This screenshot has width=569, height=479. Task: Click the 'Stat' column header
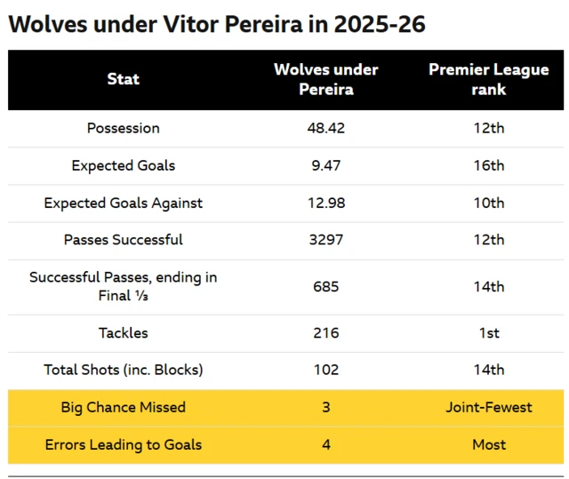click(x=124, y=79)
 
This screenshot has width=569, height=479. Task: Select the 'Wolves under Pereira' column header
click(x=325, y=79)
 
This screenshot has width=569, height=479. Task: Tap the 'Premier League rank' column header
click(x=489, y=79)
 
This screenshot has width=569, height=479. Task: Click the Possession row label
click(x=124, y=128)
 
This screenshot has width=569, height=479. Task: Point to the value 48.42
click(x=325, y=128)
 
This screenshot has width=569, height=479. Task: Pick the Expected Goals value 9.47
click(x=325, y=165)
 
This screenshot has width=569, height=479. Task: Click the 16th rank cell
click(x=489, y=165)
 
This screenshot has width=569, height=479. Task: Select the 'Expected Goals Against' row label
click(x=124, y=203)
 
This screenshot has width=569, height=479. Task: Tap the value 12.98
click(x=325, y=203)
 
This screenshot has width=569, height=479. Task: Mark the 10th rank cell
click(x=489, y=203)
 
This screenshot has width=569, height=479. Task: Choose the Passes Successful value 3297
click(x=325, y=240)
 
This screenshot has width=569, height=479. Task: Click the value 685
click(x=325, y=286)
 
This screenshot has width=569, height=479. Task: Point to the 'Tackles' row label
click(x=124, y=333)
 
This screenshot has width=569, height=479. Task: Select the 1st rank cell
click(x=489, y=333)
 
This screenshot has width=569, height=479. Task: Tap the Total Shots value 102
click(x=325, y=370)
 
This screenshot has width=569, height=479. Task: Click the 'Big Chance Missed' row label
click(x=124, y=407)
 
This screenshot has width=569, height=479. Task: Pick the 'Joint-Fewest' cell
click(x=489, y=407)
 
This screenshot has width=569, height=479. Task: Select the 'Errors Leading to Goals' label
click(x=124, y=444)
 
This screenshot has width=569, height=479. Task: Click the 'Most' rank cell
click(x=489, y=444)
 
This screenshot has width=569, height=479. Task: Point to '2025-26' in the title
click(x=380, y=24)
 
